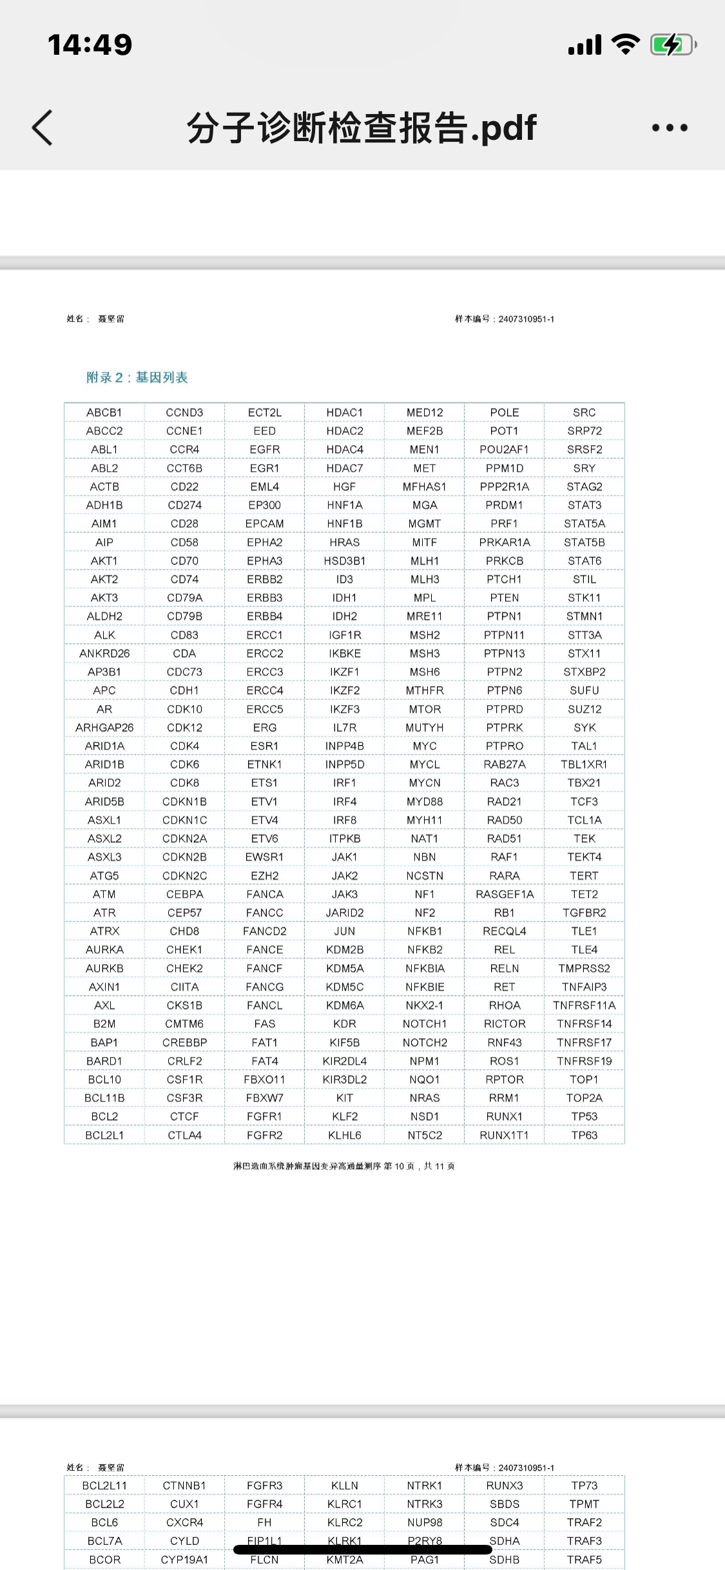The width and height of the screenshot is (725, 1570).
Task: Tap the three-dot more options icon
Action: pyautogui.click(x=670, y=128)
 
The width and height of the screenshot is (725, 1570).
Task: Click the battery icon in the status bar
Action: pyautogui.click(x=673, y=44)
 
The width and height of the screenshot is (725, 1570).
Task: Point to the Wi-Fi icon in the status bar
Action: pyautogui.click(x=624, y=44)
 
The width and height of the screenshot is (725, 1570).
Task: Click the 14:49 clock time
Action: pyautogui.click(x=90, y=44)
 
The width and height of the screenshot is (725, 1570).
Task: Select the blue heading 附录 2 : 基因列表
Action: pyautogui.click(x=137, y=377)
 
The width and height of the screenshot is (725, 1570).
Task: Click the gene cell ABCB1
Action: pyautogui.click(x=104, y=412)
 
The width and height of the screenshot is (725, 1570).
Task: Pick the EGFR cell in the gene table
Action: pyautogui.click(x=264, y=449)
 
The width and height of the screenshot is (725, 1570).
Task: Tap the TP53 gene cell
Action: pyautogui.click(x=584, y=1116)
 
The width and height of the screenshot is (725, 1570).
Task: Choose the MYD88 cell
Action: pyautogui.click(x=425, y=802)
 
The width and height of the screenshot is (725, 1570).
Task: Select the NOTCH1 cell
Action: pyautogui.click(x=425, y=1023)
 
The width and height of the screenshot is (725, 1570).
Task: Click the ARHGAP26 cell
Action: pyautogui.click(x=104, y=728)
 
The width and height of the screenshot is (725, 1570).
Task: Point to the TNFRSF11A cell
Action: pyautogui.click(x=584, y=1005)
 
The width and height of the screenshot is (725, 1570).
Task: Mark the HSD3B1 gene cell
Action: pyautogui.click(x=344, y=561)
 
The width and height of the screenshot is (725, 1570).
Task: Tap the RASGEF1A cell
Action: pyautogui.click(x=505, y=894)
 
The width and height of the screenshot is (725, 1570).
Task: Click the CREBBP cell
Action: pyautogui.click(x=184, y=1042)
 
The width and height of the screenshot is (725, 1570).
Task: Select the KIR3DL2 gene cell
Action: pyautogui.click(x=344, y=1080)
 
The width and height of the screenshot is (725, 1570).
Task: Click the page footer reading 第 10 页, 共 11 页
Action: pyautogui.click(x=344, y=1166)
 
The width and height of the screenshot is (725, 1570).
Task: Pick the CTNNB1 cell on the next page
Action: pyautogui.click(x=184, y=1486)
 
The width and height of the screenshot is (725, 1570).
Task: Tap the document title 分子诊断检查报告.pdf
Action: pyautogui.click(x=362, y=128)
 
